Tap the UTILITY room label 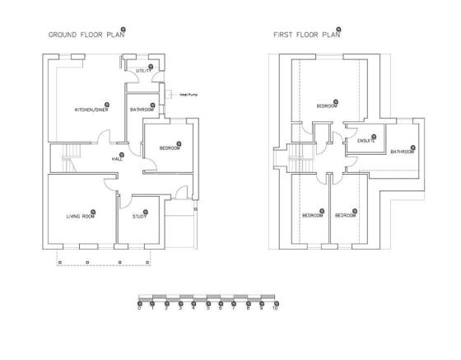click(x=143, y=72)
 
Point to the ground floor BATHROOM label click(x=142, y=110)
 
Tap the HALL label click(x=117, y=159)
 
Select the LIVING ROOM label click(x=80, y=216)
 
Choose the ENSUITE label click(x=366, y=142)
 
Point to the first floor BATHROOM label click(x=403, y=152)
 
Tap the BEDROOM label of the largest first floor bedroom click(x=327, y=106)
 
